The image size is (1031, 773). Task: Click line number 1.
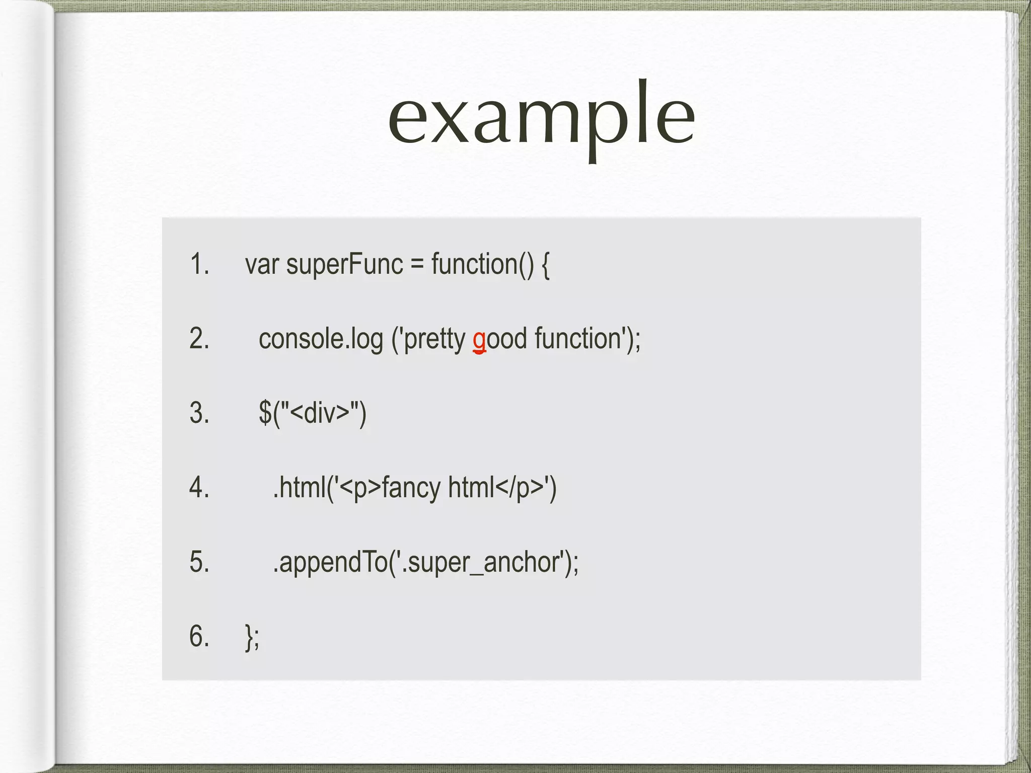(x=199, y=264)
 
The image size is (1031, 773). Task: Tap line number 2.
(x=199, y=338)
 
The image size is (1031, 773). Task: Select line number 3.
(x=199, y=413)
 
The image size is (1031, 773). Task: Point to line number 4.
(x=199, y=487)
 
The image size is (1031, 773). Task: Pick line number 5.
(x=199, y=562)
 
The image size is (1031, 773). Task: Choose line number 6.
(x=199, y=636)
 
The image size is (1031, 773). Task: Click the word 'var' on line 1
(x=262, y=264)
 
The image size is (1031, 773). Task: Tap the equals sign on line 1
(x=417, y=264)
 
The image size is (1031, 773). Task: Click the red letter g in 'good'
(x=479, y=340)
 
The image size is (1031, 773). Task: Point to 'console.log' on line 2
(x=321, y=339)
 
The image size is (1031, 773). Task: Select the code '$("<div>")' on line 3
(x=312, y=413)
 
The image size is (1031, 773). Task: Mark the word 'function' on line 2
(x=577, y=338)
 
